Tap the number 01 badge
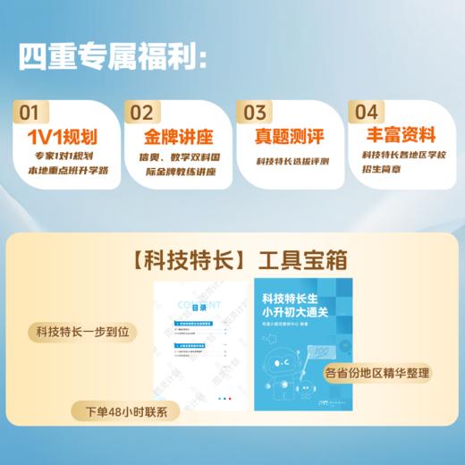30,113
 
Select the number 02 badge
141,113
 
